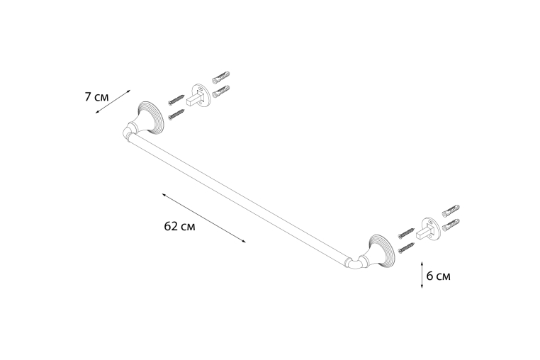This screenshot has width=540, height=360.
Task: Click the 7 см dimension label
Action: tap(97, 97)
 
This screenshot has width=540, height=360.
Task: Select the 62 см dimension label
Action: tap(179, 226)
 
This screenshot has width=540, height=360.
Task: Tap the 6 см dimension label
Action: tap(438, 276)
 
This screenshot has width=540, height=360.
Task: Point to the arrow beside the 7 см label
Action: tap(113, 101)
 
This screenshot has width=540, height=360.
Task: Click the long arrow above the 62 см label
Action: tap(204, 218)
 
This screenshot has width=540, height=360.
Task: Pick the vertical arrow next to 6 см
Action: tap(422, 274)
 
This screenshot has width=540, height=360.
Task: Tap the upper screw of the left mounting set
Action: tap(176, 99)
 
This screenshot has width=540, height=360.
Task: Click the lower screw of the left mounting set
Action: tap(176, 114)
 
